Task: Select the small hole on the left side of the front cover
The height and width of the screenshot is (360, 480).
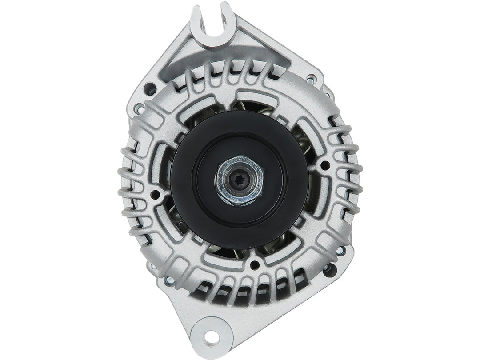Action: [x=155, y=194]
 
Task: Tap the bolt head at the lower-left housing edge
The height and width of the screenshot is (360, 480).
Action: [x=169, y=280]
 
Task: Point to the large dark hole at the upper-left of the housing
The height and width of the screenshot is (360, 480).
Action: [x=152, y=87]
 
